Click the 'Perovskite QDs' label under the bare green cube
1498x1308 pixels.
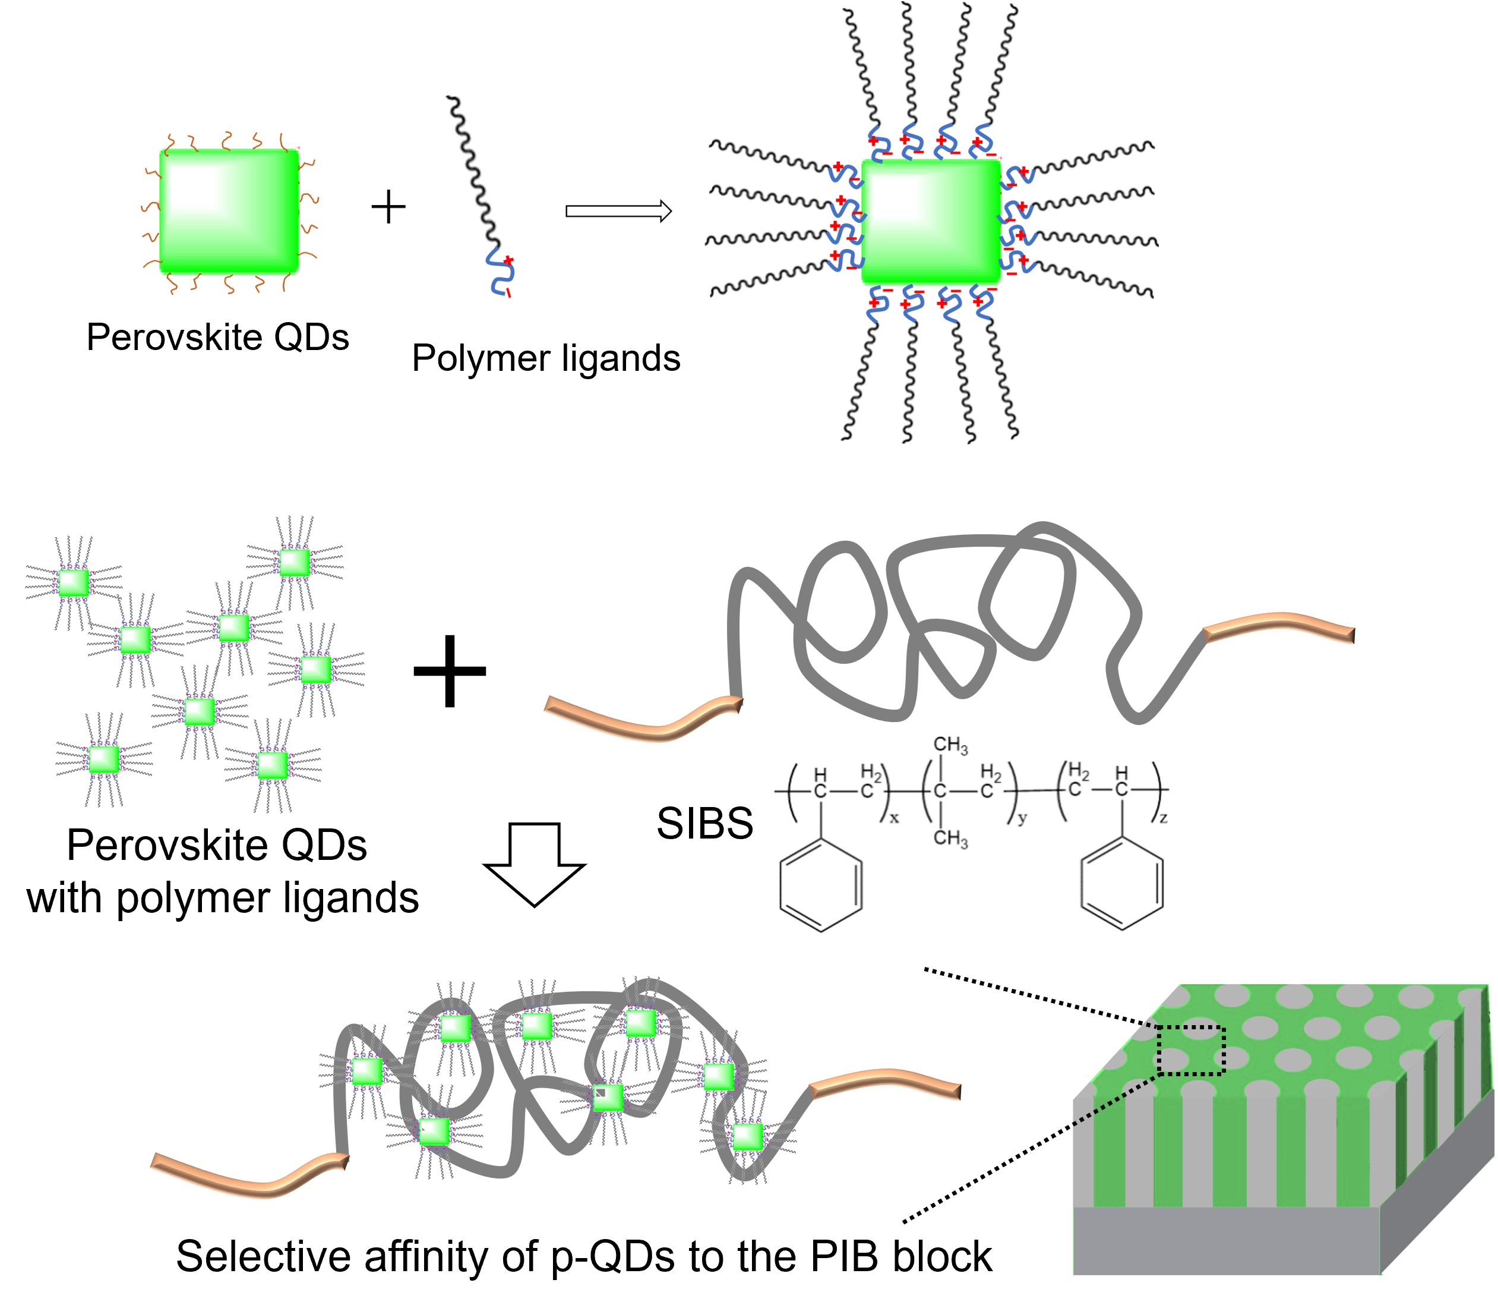217,337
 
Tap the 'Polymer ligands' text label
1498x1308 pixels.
546,358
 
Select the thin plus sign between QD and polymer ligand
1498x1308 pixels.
388,207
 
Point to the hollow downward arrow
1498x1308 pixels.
534,864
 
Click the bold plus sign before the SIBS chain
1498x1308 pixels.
450,671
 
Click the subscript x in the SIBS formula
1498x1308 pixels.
894,818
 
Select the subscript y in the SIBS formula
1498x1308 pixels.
1022,818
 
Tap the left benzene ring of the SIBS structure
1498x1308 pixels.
821,885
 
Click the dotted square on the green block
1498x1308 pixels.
1191,1049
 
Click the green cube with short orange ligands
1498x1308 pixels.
229,211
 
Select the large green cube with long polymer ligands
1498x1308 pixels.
930,221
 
